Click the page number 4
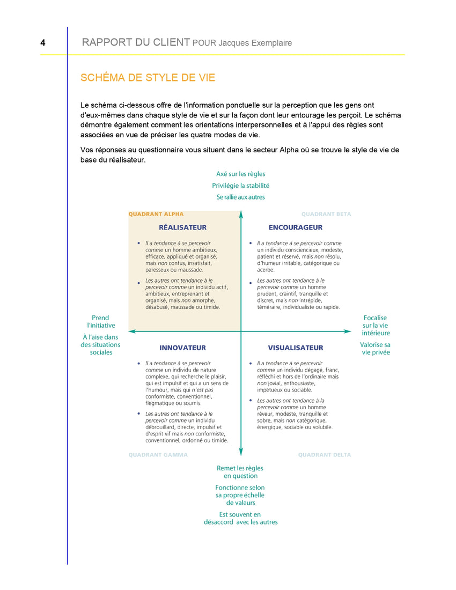42,43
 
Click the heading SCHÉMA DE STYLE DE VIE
148,78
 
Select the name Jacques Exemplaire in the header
255,43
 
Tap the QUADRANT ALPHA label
156,214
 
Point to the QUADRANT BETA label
326,214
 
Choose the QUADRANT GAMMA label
158,455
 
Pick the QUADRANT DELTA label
325,455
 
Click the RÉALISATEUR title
182,227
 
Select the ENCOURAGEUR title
296,227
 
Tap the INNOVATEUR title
182,348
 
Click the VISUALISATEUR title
296,348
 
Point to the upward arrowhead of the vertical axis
241,214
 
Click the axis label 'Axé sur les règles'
241,174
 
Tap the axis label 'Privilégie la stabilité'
241,186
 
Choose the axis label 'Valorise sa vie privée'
375,349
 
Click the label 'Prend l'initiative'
101,321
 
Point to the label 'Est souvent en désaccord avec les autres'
241,518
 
